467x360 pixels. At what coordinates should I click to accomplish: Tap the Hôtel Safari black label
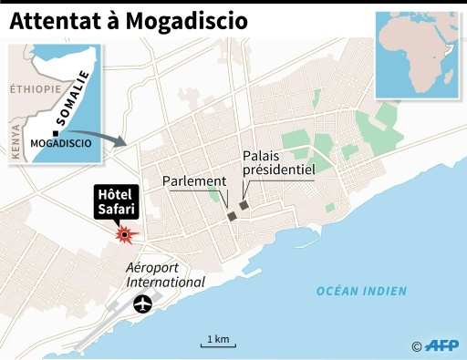point(116,203)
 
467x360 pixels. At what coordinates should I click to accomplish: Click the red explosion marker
point(125,235)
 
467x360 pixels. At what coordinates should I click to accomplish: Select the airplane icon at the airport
point(142,303)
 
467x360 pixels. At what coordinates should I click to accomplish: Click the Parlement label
point(192,181)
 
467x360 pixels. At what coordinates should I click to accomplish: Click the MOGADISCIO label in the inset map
point(60,144)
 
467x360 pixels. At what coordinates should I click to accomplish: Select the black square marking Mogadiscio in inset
point(56,131)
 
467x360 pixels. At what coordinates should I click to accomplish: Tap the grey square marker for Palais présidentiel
point(243,206)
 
